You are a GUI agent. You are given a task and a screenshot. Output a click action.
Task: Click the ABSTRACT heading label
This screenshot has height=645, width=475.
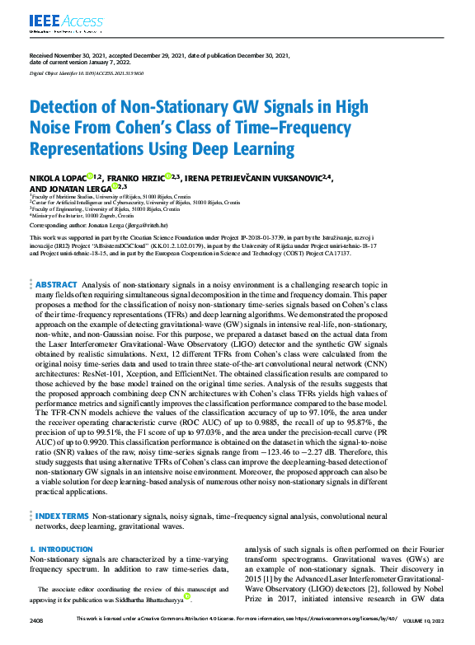coord(56,284)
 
